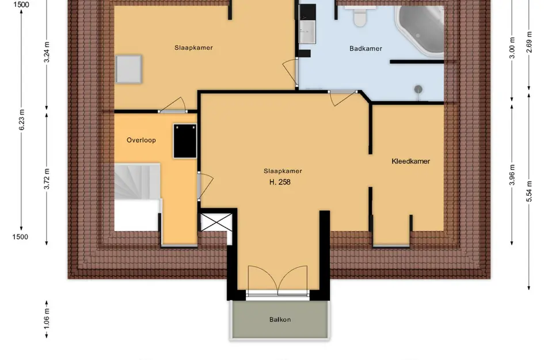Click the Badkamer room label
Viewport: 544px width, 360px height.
(x=366, y=49)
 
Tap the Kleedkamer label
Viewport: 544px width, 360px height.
(x=410, y=161)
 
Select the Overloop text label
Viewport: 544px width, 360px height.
(x=141, y=140)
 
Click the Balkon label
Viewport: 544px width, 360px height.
(x=279, y=320)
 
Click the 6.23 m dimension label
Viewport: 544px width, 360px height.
(x=22, y=120)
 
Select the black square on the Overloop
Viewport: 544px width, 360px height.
(x=185, y=141)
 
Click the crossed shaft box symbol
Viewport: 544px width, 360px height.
(x=216, y=222)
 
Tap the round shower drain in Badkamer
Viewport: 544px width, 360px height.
(x=419, y=89)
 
